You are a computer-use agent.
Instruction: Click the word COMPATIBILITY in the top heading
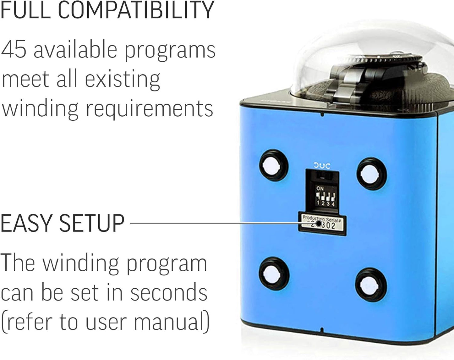(x=136, y=10)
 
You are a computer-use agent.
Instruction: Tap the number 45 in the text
(x=14, y=50)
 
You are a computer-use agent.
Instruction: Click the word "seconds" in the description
(x=169, y=292)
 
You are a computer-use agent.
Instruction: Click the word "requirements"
(x=150, y=109)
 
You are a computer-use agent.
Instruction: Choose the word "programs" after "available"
(x=170, y=50)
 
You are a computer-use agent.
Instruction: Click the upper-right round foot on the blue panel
(x=371, y=174)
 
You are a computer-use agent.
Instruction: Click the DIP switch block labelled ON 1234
(x=325, y=196)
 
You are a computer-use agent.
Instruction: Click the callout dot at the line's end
(x=319, y=224)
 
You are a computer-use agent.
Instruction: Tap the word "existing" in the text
(x=123, y=79)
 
